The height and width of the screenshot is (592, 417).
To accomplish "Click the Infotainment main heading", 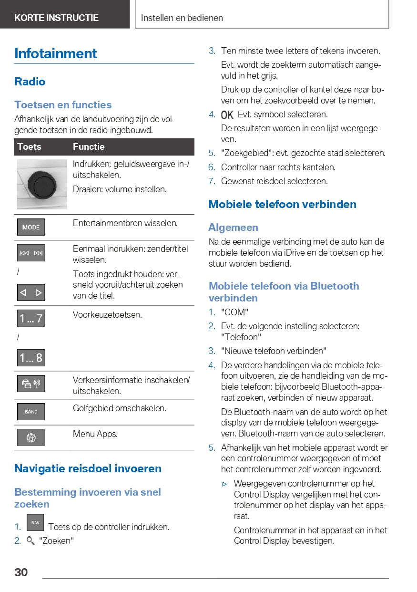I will pos(56,53).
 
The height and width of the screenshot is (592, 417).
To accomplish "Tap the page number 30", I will pos(21,572).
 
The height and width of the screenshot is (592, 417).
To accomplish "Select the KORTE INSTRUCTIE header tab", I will pos(56,18).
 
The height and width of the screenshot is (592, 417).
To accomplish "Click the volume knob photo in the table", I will pos(42,184).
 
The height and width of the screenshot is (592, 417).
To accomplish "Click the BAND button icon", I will pos(31,412).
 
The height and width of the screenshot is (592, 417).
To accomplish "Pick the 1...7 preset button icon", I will pos(31,318).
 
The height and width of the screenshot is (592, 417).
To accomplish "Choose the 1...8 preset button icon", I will pos(31,357).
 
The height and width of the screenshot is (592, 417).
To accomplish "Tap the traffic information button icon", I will pos(31,384).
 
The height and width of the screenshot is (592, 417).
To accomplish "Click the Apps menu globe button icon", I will pos(31,437).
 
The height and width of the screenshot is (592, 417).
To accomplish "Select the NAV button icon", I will pos(35,522).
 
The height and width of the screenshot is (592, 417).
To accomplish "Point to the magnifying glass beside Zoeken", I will pos(31,540).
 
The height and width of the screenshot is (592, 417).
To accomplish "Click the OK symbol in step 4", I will pos(227,115).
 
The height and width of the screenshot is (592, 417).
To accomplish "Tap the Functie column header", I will pos(89,147).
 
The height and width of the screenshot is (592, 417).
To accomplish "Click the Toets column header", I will pos(30,147).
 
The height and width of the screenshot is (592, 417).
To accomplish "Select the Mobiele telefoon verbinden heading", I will pos(282,204).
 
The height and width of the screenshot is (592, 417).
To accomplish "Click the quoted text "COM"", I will pos(234,312).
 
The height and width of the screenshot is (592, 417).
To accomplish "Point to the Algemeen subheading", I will pos(233,228).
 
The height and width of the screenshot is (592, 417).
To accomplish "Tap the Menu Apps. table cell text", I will pos(95,434).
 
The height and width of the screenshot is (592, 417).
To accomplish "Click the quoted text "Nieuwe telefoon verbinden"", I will pos(274,351).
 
